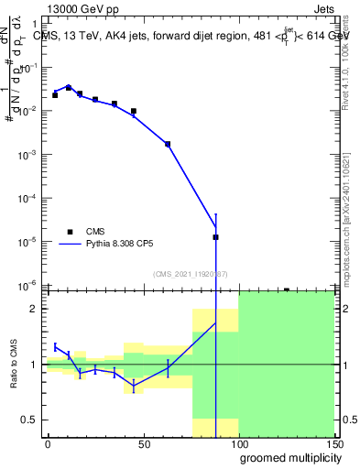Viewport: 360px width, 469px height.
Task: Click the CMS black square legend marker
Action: click(69, 232)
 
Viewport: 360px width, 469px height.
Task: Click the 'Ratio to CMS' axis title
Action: click(15, 365)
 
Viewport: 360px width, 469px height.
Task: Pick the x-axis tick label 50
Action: click(144, 444)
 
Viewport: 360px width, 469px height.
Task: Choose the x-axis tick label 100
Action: click(239, 444)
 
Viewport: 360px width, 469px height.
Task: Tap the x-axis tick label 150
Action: click(333, 444)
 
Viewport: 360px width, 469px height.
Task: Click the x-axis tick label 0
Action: click(49, 444)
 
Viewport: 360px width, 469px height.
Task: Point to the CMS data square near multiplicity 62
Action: click(168, 144)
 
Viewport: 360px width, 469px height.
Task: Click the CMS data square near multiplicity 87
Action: click(215, 237)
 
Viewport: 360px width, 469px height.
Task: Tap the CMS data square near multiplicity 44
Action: click(134, 111)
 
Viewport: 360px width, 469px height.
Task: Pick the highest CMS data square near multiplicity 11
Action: click(69, 87)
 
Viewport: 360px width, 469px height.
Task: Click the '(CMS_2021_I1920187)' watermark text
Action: click(190, 273)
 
